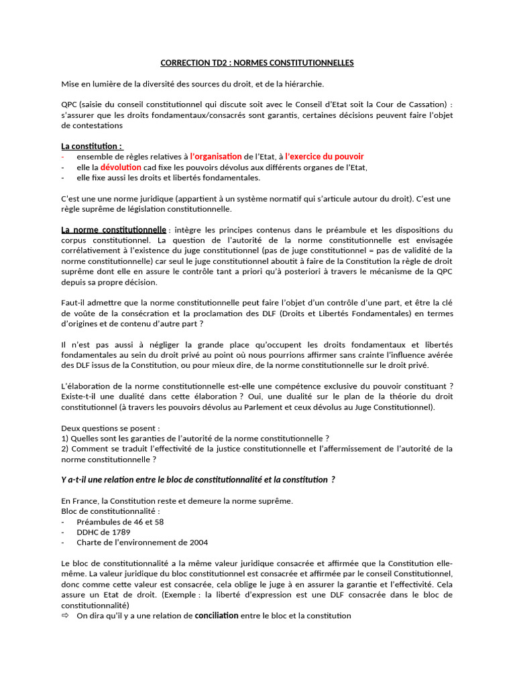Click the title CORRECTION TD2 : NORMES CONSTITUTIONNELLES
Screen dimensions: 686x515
tap(257, 63)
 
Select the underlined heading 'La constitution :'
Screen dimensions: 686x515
tap(92, 146)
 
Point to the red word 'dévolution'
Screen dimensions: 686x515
tap(121, 167)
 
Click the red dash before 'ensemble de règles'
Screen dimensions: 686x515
tap(63, 156)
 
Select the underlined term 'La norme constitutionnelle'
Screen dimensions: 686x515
tap(113, 230)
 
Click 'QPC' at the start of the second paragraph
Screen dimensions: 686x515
tap(70, 104)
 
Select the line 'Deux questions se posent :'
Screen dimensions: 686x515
tap(111, 428)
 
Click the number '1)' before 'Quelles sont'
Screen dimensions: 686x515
tap(65, 438)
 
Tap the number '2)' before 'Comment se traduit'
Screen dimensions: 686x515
tap(65, 449)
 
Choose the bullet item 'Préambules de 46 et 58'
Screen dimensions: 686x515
tap(120, 521)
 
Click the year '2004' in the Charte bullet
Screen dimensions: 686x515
tap(190, 543)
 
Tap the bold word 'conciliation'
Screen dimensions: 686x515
tap(216, 615)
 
